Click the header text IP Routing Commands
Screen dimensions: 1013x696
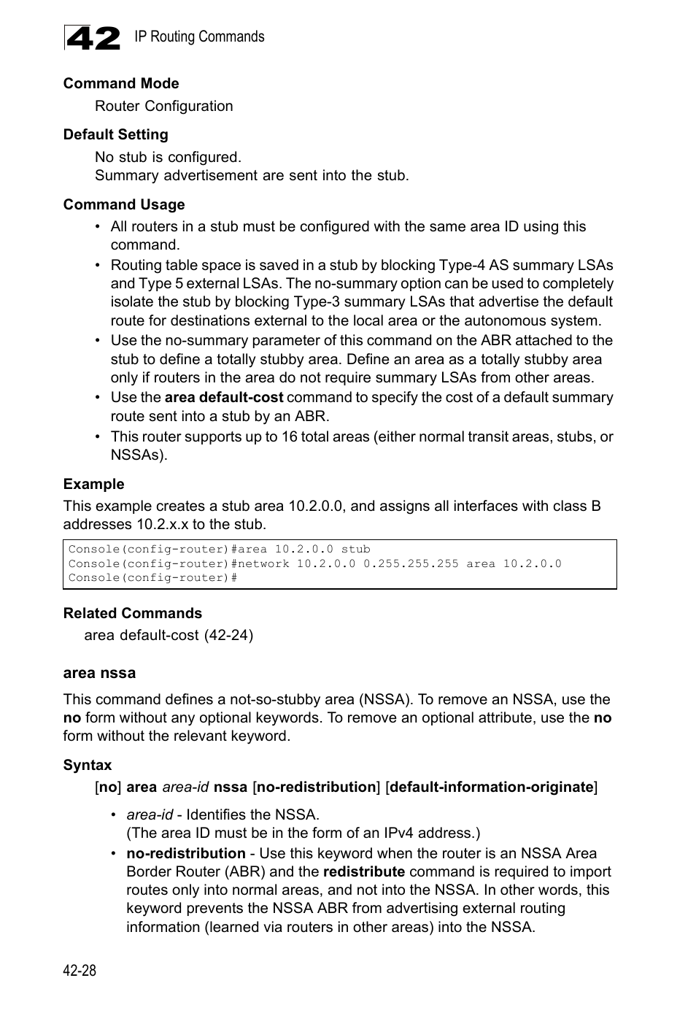[199, 36]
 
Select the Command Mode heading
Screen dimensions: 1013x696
[120, 83]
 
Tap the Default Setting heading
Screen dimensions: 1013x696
[115, 134]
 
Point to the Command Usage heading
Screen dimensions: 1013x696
[123, 204]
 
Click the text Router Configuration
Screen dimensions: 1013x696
[163, 106]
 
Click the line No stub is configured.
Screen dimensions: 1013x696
[168, 157]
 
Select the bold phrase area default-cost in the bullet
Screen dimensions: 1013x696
[223, 397]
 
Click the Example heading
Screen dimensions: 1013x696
[93, 484]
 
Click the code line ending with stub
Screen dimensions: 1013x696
[219, 549]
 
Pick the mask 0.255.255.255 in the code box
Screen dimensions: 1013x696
[411, 563]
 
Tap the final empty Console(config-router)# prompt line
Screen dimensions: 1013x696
[152, 577]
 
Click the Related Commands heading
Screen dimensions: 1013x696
[132, 613]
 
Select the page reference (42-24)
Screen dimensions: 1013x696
[228, 635]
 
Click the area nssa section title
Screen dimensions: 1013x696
[99, 673]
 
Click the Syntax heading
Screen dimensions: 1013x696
[87, 765]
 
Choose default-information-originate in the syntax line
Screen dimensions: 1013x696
[492, 787]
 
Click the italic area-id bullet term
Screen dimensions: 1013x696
[149, 814]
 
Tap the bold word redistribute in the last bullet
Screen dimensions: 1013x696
[363, 871]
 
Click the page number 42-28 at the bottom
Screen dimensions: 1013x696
[80, 970]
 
